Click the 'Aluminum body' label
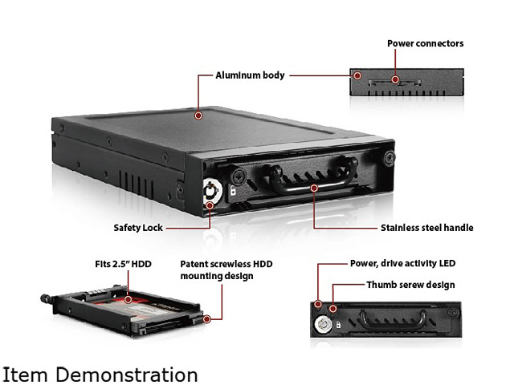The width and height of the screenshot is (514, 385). pos(250,75)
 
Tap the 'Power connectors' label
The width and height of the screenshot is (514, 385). pos(425,43)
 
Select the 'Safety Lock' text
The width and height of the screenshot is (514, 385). pos(138,228)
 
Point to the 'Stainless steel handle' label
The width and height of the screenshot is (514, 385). pos(426,228)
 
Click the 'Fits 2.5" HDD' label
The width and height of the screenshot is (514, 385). pos(123,264)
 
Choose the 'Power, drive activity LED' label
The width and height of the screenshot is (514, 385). pos(402,263)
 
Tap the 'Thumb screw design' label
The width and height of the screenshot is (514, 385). pos(410,285)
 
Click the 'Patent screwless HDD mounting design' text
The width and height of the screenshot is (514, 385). pos(226,269)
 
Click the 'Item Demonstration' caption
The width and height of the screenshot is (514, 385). pos(100,375)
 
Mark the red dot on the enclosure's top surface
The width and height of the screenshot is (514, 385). pos(198,115)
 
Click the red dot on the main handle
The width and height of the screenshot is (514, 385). pos(314,188)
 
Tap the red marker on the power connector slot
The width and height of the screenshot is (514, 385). pos(395,79)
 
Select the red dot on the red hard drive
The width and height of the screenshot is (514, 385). pos(128,299)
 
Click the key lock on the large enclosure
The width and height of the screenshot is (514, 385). pos(211,190)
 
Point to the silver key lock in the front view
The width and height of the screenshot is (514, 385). pos(321,324)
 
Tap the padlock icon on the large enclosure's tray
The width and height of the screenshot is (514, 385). pos(232,190)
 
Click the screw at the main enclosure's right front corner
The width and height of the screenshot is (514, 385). pos(389,158)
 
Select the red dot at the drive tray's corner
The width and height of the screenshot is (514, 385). pos(207,319)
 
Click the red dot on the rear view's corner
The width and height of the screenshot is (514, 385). pos(357,75)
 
